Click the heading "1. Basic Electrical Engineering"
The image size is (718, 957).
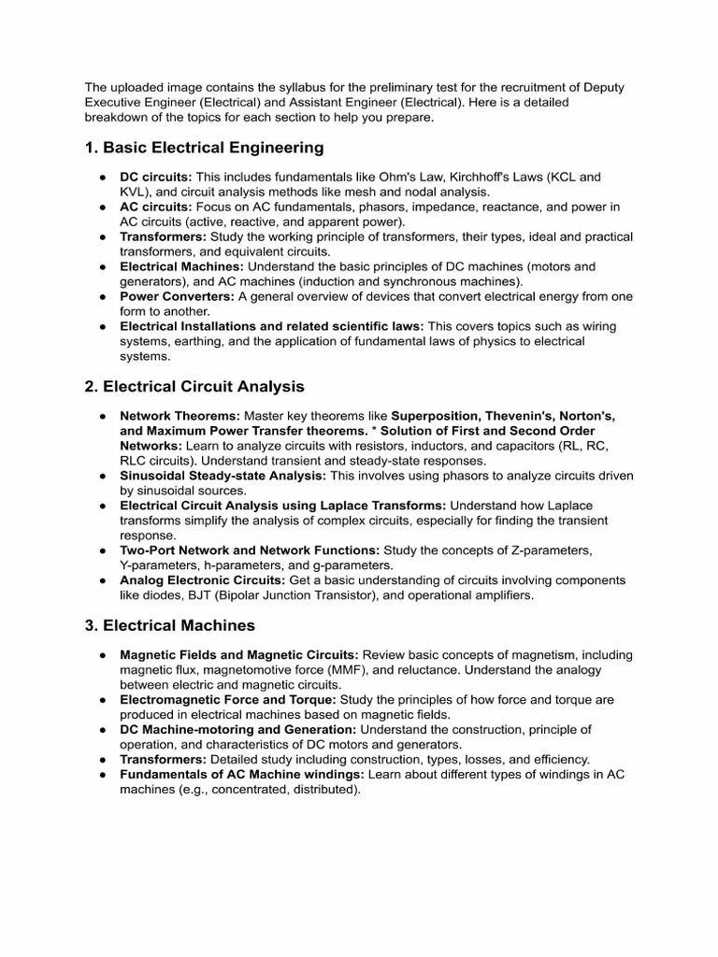(204, 147)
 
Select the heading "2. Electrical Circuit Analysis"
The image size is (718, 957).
(194, 386)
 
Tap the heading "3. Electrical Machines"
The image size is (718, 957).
(169, 624)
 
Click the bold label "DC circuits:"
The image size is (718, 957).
(155, 176)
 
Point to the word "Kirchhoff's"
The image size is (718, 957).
(471, 176)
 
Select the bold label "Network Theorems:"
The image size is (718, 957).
(179, 415)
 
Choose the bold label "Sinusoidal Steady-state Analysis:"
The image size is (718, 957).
(223, 476)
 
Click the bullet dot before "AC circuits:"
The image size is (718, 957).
(101, 207)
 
